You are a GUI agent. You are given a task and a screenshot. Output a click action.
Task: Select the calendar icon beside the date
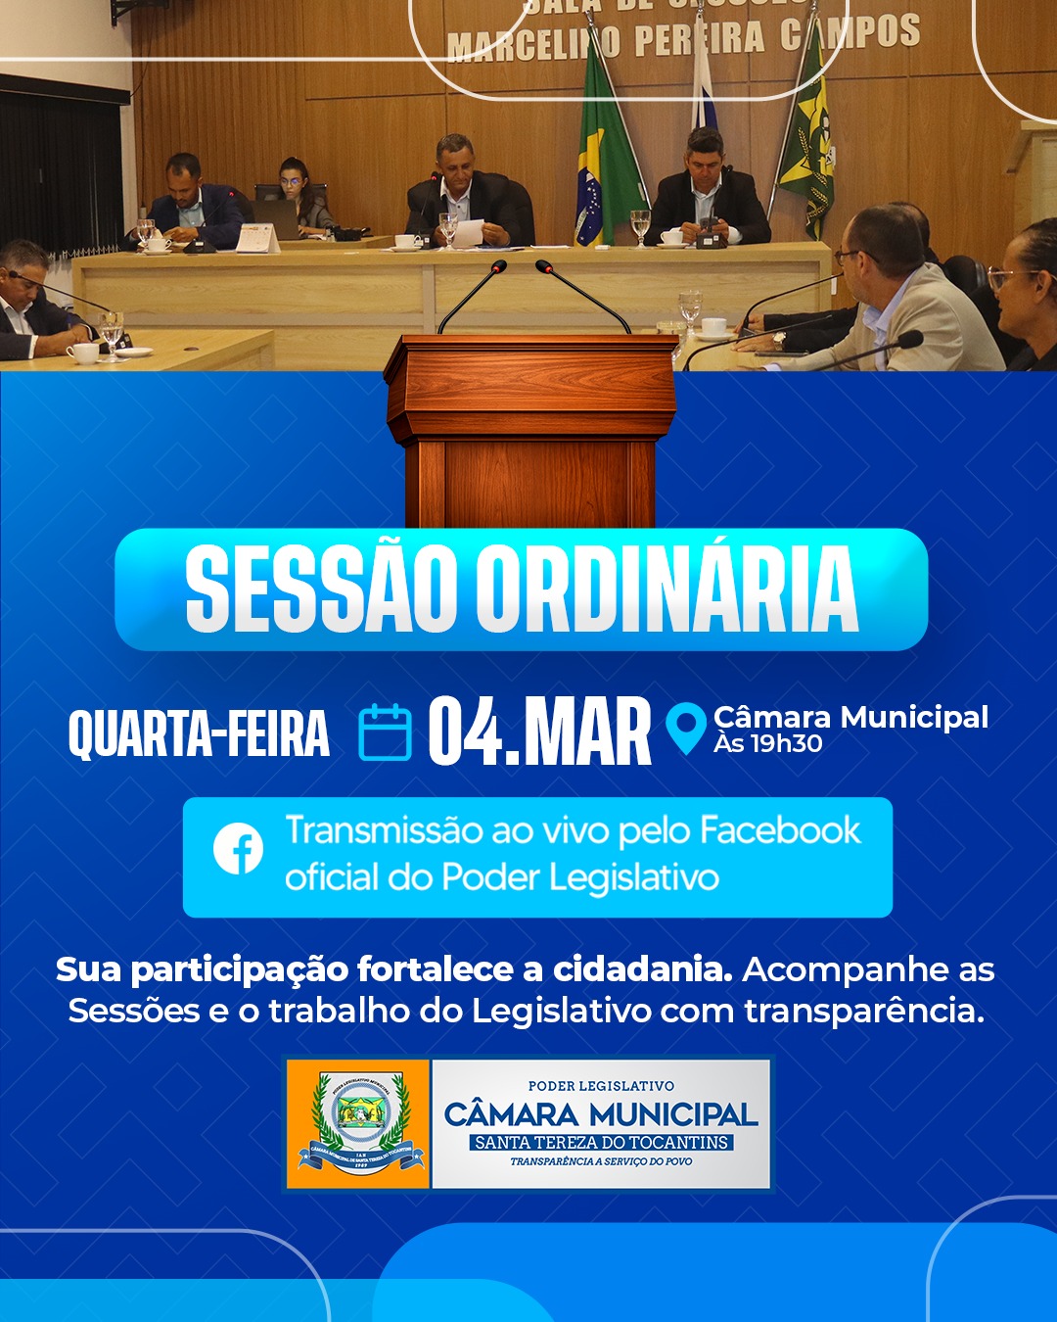[x=385, y=732]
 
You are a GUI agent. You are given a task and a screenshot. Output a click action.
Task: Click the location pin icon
[x=685, y=729]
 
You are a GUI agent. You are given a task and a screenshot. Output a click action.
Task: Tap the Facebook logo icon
[x=239, y=848]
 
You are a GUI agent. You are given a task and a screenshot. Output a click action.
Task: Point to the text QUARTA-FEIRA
[x=199, y=733]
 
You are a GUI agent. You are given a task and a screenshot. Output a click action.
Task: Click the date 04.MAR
[x=539, y=732]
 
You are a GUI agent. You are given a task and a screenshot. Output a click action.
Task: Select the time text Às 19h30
[x=768, y=744]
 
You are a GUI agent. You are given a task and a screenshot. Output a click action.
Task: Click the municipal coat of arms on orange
[x=358, y=1123]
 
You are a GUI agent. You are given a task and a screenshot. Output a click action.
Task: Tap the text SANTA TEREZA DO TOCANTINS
[x=601, y=1143]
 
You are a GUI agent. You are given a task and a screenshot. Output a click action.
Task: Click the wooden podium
[x=530, y=431]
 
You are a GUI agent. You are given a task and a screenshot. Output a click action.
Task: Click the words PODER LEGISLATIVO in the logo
[x=601, y=1086]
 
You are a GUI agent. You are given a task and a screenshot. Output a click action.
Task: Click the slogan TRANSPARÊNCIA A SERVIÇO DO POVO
[x=601, y=1162]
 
